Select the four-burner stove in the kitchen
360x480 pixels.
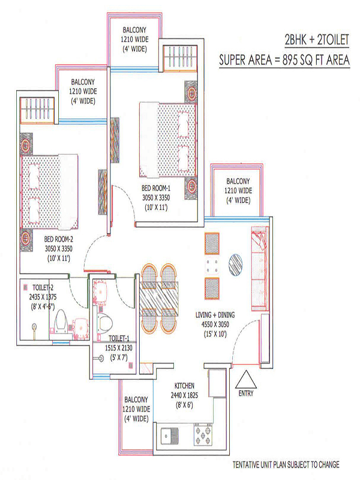click(x=202, y=434)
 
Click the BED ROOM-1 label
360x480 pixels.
click(x=156, y=188)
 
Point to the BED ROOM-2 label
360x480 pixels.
click(x=59, y=239)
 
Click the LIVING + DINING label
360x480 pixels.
click(x=215, y=314)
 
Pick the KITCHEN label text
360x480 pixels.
click(x=184, y=385)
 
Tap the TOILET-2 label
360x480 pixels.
click(x=43, y=287)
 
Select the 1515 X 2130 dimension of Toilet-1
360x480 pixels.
click(x=119, y=348)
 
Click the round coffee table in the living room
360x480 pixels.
click(x=235, y=265)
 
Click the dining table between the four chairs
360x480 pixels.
click(x=159, y=298)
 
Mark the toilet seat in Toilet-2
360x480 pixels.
click(x=61, y=322)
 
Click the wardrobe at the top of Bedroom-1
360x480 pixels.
click(x=179, y=58)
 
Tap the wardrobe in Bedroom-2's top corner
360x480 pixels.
click(x=37, y=110)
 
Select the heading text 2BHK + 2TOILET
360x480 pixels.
click(x=317, y=40)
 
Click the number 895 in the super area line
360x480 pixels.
click(x=290, y=59)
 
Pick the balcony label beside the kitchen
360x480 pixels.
click(x=136, y=409)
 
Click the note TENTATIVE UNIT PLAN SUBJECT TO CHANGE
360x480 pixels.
click(x=286, y=464)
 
